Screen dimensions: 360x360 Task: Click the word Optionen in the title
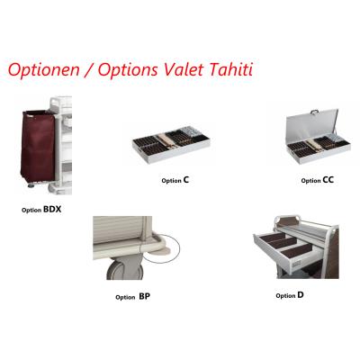coord(44,70)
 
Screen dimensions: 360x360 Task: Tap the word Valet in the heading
coord(184,69)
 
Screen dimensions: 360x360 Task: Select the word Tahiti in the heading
coord(230,69)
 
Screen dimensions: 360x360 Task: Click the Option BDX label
coord(41,210)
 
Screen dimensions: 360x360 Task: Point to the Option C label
coord(175,180)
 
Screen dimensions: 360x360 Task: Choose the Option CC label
coord(318,180)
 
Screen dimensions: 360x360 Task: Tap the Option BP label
coord(132,297)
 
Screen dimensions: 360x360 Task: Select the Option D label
coord(290,295)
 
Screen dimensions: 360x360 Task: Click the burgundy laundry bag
coord(38,147)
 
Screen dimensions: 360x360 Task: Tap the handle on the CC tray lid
coord(314,112)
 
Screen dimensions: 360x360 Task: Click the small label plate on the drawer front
coord(297,264)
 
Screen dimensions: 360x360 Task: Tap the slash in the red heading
coord(88,70)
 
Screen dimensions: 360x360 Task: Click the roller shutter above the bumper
coord(118,229)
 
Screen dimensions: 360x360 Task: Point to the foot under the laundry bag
coord(31,185)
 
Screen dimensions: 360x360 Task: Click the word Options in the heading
coord(128,70)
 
